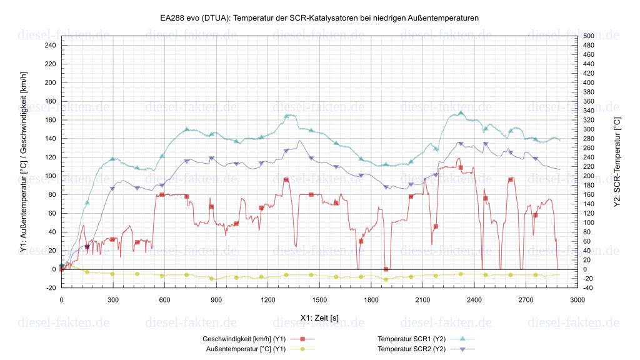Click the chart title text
pyautogui.click(x=319, y=18)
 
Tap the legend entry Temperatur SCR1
pyautogui.click(x=411, y=339)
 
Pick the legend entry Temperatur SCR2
pyautogui.click(x=411, y=349)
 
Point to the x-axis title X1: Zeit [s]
pyautogui.click(x=319, y=317)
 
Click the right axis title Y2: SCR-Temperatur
pyautogui.click(x=617, y=161)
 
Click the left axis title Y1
pyautogui.click(x=23, y=161)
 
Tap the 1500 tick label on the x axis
pyautogui.click(x=319, y=300)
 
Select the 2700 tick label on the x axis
pyautogui.click(x=526, y=300)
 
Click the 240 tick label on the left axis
pyautogui.click(x=50, y=46)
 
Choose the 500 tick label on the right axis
pyautogui.click(x=588, y=36)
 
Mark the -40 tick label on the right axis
pyautogui.click(x=588, y=288)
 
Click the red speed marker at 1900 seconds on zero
pyautogui.click(x=386, y=269)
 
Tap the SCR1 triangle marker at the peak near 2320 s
pyautogui.click(x=461, y=113)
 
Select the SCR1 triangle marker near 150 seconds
pyautogui.click(x=87, y=202)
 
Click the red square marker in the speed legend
pyautogui.click(x=302, y=339)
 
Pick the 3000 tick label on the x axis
pyautogui.click(x=577, y=300)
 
